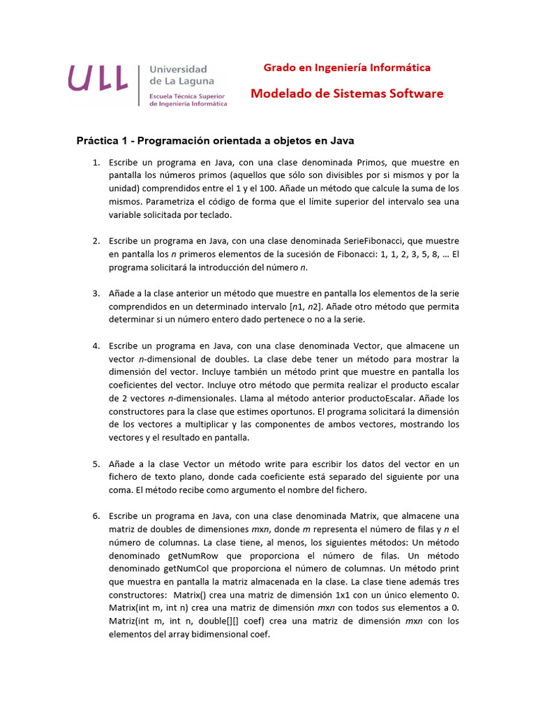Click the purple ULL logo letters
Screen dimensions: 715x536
[x=98, y=78]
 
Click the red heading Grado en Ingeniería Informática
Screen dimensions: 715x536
[x=346, y=68]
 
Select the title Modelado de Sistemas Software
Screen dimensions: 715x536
[x=347, y=94]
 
